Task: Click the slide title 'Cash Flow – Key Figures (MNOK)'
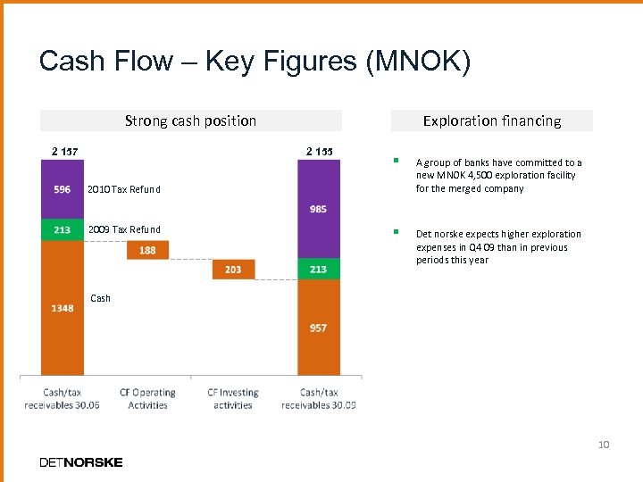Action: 255,62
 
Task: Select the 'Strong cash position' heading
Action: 190,120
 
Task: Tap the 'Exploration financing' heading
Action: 492,120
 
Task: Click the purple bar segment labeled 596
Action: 62,189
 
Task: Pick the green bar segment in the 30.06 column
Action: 62,230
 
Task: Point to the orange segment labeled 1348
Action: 62,308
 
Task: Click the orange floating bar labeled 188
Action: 147,250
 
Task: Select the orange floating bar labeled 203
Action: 233,269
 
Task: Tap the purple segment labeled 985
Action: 319,209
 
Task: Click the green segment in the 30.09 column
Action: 319,269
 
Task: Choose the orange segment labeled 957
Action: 319,328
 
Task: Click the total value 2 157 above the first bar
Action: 62,151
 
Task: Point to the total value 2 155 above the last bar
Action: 319,151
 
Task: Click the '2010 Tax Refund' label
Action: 123,189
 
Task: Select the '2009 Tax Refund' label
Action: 124,230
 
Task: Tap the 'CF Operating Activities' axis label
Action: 147,398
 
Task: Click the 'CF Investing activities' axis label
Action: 233,398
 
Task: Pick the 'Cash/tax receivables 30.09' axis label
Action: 319,398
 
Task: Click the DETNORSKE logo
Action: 81,461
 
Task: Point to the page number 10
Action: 604,444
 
